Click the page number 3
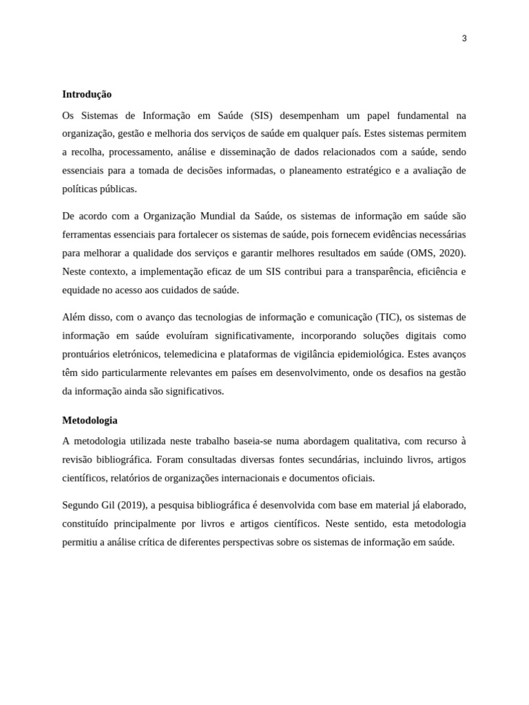[464, 39]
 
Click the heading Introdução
[87, 94]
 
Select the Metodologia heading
[90, 420]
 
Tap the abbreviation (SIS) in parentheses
[261, 116]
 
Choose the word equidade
[81, 290]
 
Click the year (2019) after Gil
[131, 505]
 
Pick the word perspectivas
[245, 542]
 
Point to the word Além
[74, 317]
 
